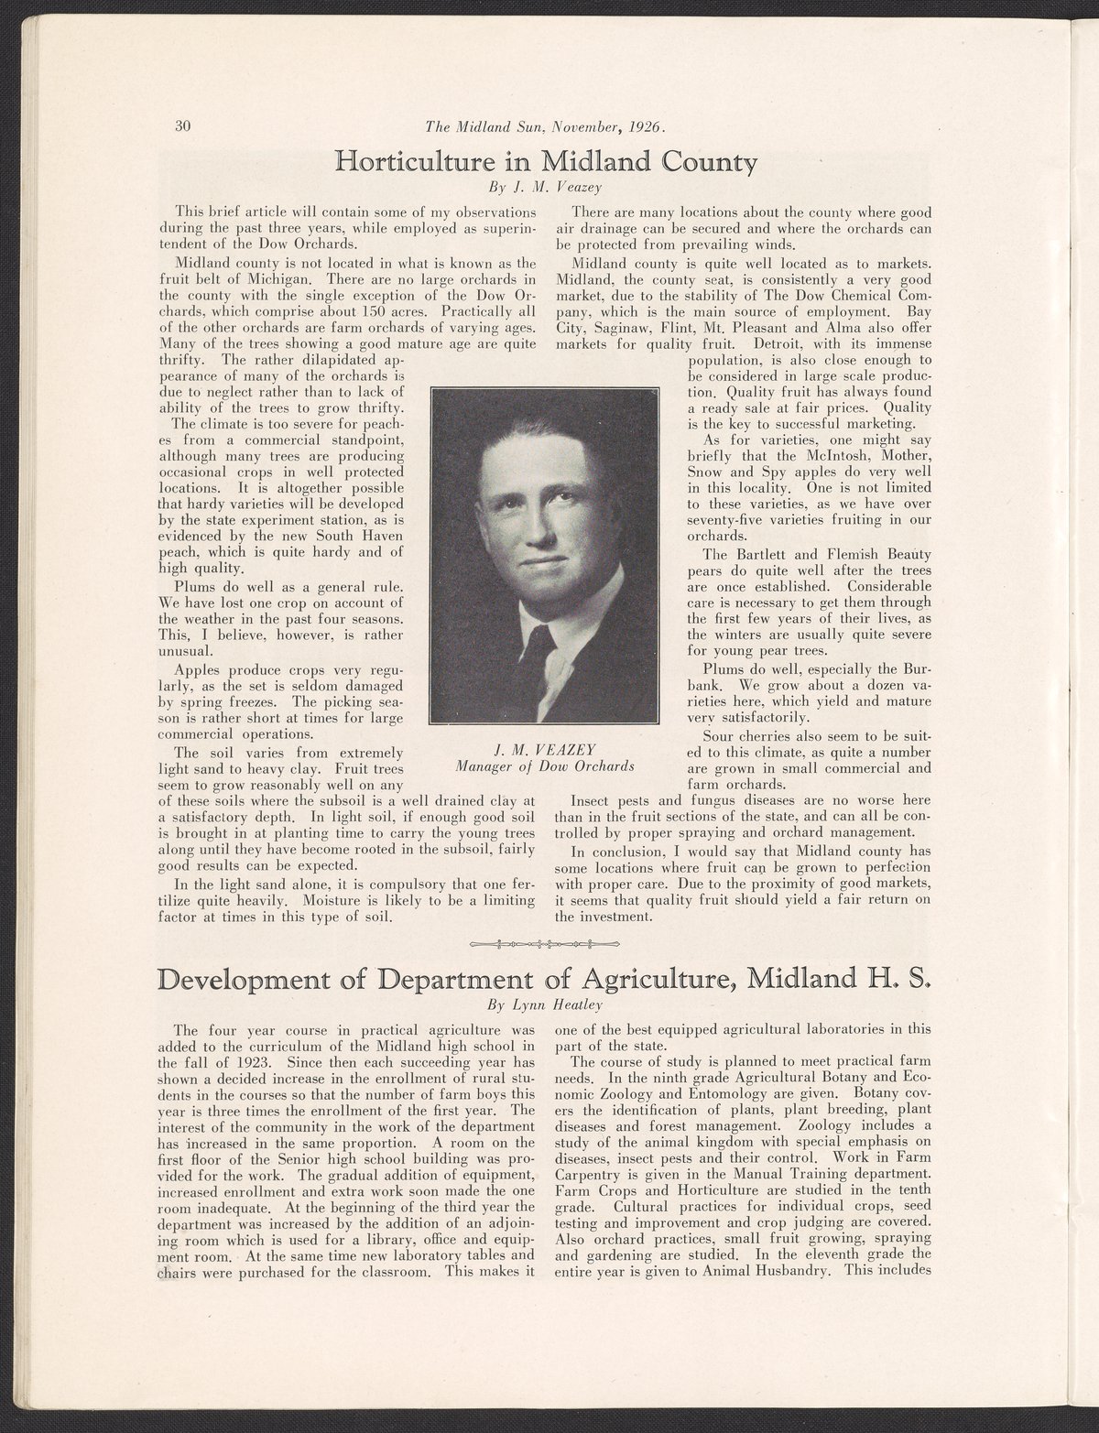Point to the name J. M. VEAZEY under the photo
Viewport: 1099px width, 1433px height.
point(546,749)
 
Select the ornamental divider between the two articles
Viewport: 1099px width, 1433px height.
point(545,943)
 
